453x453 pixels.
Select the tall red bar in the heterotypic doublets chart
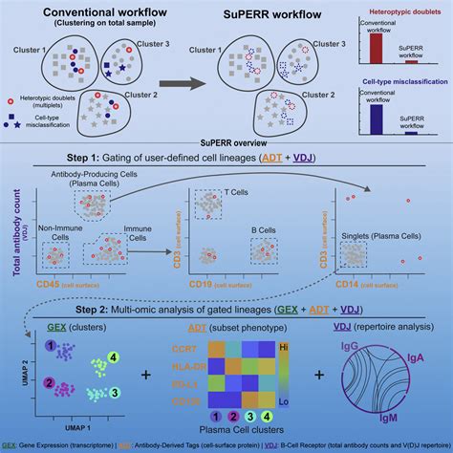tap(377, 43)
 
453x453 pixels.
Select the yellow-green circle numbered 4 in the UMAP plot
tap(113, 358)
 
